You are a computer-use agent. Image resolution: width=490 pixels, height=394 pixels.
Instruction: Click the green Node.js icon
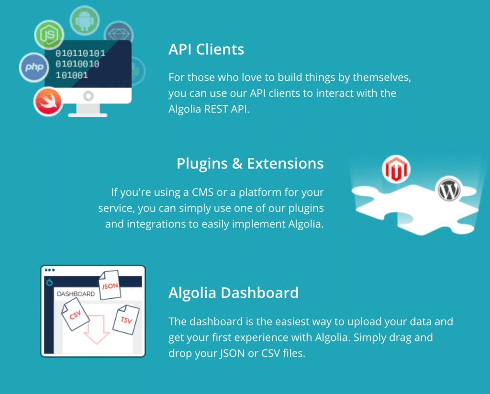pos(49,35)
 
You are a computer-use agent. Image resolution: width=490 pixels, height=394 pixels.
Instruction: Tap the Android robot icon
pos(84,21)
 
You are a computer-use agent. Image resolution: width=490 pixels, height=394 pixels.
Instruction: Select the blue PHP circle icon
pos(34,67)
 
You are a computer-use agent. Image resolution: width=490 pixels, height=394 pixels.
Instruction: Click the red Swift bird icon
pos(48,102)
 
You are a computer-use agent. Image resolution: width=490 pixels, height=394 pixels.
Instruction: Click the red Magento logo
pos(396,169)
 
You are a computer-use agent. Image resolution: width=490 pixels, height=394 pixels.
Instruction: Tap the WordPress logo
pos(449,190)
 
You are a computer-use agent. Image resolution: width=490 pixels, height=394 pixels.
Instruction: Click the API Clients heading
pos(206,49)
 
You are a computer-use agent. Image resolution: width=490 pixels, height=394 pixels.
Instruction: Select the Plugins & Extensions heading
pos(250,164)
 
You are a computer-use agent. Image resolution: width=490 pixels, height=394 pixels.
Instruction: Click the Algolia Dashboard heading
pos(234,293)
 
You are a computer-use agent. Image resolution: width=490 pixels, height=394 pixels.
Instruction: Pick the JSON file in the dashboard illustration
pos(110,285)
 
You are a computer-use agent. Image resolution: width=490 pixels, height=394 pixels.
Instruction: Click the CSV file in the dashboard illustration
pos(75,314)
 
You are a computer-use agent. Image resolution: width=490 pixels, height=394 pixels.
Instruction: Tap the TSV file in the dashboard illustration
pos(126,320)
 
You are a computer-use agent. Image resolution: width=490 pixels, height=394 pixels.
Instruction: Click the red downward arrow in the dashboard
pos(96,330)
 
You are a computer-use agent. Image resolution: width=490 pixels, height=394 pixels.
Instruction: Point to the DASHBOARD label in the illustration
pos(76,294)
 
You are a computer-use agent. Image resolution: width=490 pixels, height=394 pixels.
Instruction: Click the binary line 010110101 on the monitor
pos(80,53)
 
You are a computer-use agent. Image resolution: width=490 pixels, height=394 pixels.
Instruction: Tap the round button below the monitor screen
pos(89,96)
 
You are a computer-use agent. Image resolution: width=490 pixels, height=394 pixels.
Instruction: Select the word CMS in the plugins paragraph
pos(202,192)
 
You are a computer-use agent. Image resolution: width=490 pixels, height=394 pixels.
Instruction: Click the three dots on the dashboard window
pos(50,270)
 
